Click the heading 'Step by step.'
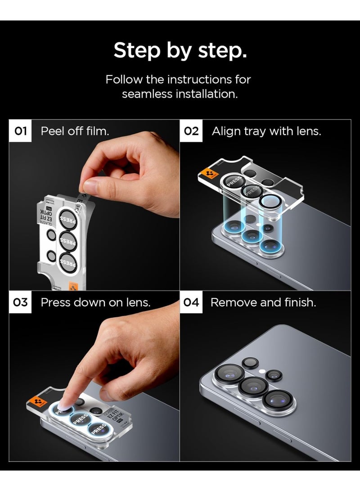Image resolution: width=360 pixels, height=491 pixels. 180,50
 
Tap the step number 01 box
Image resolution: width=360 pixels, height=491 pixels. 21,131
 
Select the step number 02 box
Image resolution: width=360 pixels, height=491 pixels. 191,131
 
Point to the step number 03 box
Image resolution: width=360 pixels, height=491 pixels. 21,302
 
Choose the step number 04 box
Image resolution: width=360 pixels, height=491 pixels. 191,302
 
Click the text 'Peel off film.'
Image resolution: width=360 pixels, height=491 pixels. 75,131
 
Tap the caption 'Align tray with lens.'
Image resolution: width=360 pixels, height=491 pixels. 266,131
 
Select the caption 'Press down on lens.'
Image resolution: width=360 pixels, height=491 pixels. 95,302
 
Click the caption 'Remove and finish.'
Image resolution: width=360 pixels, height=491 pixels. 263,302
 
